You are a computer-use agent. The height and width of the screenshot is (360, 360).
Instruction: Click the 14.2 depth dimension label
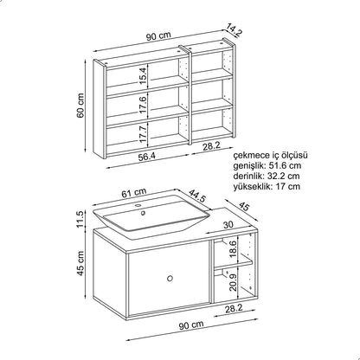[234, 29]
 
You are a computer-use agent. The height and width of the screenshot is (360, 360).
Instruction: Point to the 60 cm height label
[80, 106]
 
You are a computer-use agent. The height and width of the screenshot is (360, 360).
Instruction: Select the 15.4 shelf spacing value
[143, 75]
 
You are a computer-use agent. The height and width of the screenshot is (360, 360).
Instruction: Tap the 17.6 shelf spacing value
[143, 105]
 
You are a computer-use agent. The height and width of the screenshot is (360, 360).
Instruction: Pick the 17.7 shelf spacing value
[143, 134]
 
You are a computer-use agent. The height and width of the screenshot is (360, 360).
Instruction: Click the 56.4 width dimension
[146, 157]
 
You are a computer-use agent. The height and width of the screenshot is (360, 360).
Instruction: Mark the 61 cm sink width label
[133, 192]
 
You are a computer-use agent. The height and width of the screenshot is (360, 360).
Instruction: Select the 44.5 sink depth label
[197, 196]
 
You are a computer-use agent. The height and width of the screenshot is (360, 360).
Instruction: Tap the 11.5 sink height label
[80, 219]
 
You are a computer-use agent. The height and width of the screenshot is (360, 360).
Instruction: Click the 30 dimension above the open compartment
[228, 224]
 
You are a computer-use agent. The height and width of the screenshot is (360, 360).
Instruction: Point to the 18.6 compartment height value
[234, 249]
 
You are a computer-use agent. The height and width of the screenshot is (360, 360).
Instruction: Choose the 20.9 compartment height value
[234, 282]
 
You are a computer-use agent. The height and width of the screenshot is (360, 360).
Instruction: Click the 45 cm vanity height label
[80, 263]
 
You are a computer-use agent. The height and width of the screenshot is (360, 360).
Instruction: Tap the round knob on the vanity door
[170, 278]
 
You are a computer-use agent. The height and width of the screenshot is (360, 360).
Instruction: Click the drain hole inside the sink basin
[143, 213]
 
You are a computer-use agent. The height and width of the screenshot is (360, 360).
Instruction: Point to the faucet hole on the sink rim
[138, 206]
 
